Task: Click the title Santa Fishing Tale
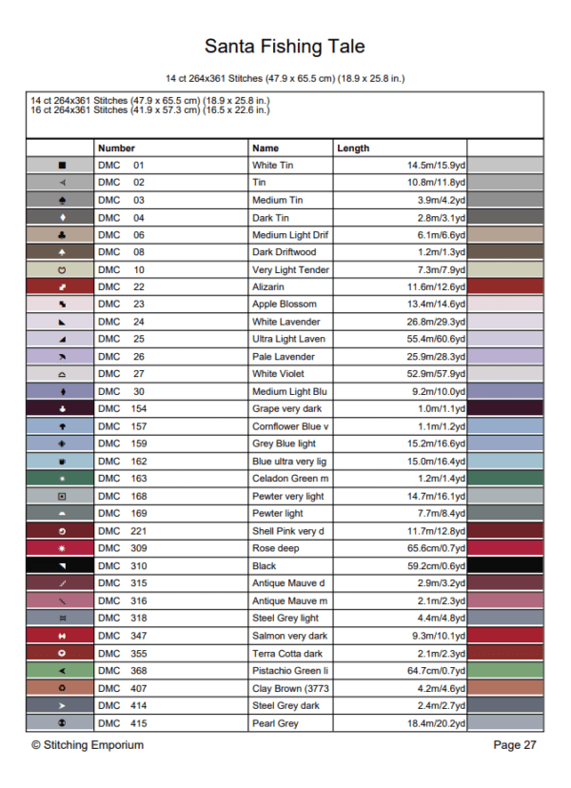(x=285, y=46)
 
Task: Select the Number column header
(x=116, y=148)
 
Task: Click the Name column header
(x=266, y=148)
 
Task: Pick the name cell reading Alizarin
(x=268, y=286)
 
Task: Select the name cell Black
(x=266, y=566)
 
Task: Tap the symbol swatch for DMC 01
(x=62, y=166)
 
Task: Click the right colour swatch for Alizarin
(x=504, y=286)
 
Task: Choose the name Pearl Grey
(x=275, y=723)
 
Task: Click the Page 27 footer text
(x=515, y=745)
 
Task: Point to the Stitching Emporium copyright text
(x=88, y=745)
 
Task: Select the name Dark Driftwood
(x=284, y=252)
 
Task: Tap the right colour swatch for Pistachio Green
(x=504, y=671)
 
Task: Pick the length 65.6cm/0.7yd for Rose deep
(x=434, y=548)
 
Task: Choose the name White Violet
(x=278, y=374)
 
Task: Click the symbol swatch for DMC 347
(x=62, y=636)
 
